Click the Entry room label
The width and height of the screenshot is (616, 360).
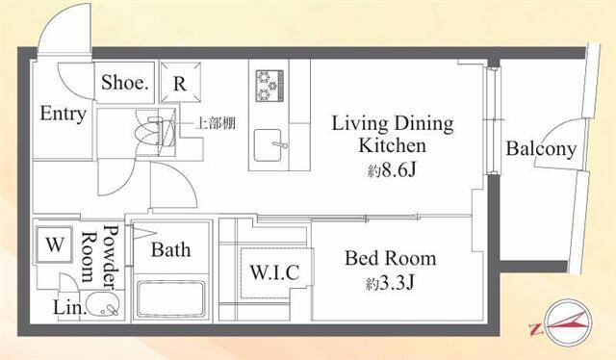point(64,114)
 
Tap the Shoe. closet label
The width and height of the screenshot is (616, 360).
point(125,83)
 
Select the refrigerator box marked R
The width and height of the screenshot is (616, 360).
point(180,82)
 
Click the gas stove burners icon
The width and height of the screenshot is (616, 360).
point(269,86)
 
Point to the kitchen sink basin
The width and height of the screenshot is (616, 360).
point(268,145)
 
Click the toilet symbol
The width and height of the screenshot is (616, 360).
point(154,133)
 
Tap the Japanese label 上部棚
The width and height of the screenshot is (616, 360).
point(216,123)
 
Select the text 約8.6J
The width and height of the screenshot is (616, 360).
point(392,170)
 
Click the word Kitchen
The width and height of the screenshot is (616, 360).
point(392,145)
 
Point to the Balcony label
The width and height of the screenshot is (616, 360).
point(541,149)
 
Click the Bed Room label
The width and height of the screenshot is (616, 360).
point(391,258)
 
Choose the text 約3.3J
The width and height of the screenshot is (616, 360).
point(390,283)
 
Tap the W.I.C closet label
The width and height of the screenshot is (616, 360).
point(274,272)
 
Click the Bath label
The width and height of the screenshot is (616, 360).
point(171,250)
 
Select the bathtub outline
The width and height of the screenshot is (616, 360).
point(171,299)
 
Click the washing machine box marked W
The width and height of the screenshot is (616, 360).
point(54,244)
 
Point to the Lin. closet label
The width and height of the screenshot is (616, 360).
point(69,307)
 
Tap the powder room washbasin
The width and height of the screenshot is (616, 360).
point(103,304)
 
